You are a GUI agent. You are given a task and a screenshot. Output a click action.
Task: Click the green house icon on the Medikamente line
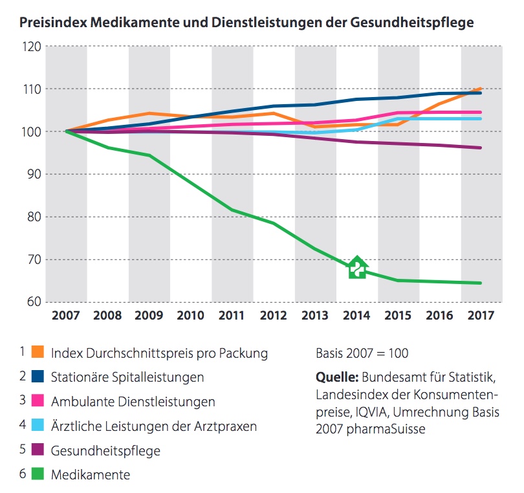356,267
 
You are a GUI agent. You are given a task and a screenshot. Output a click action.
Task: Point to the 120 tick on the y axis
33,47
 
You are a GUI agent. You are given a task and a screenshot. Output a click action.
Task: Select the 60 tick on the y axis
34,302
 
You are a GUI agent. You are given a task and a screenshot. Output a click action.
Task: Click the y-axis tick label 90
34,174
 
